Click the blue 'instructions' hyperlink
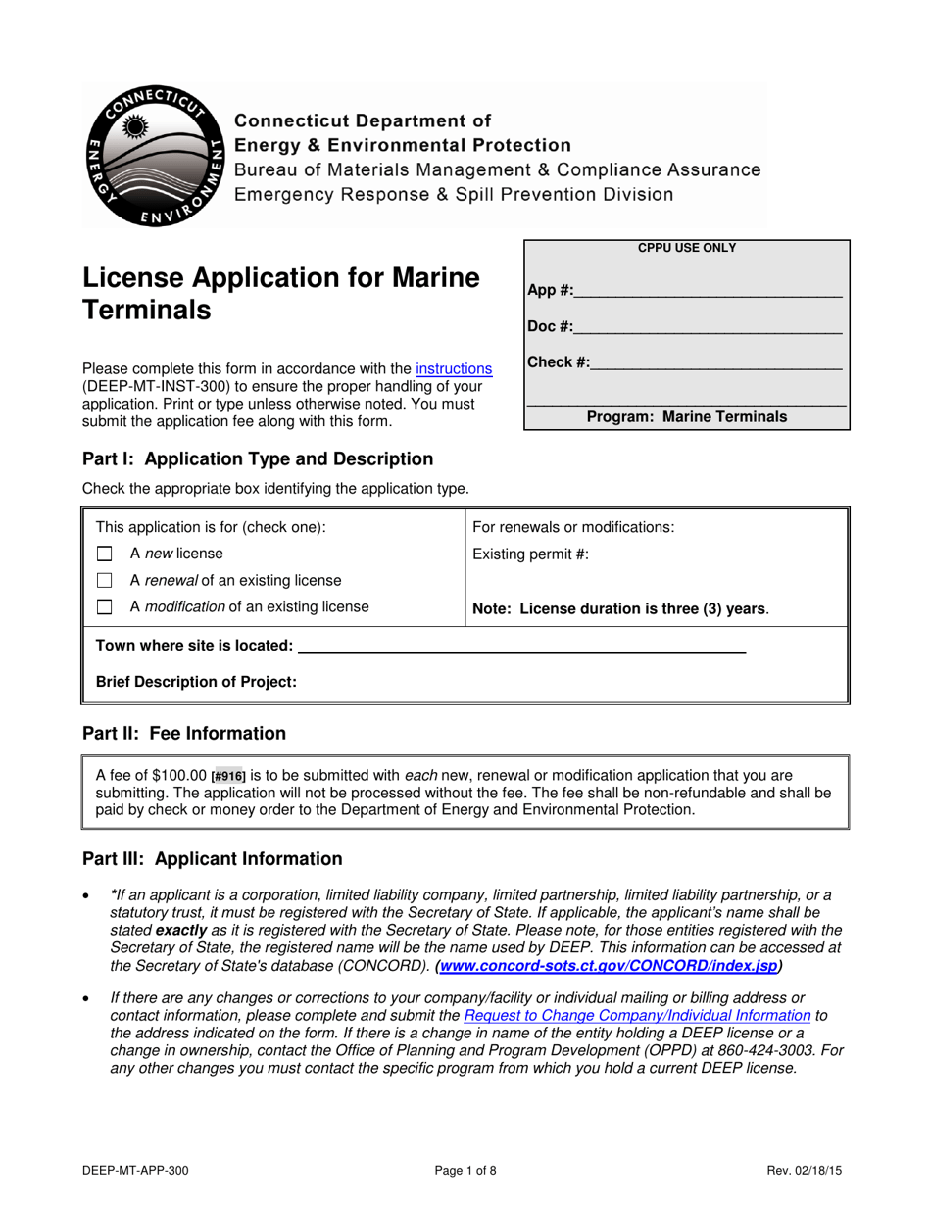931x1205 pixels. click(x=454, y=369)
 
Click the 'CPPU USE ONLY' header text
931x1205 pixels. click(x=687, y=249)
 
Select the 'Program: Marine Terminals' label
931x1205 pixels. click(x=687, y=417)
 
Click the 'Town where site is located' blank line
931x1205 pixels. click(x=520, y=647)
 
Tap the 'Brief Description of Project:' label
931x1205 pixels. click(x=196, y=682)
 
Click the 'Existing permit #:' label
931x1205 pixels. click(x=530, y=554)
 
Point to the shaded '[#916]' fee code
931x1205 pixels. click(x=228, y=776)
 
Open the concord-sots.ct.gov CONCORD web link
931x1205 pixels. click(x=609, y=966)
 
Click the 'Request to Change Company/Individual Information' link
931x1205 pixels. click(x=637, y=1016)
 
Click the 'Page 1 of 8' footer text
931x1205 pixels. click(x=465, y=1170)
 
